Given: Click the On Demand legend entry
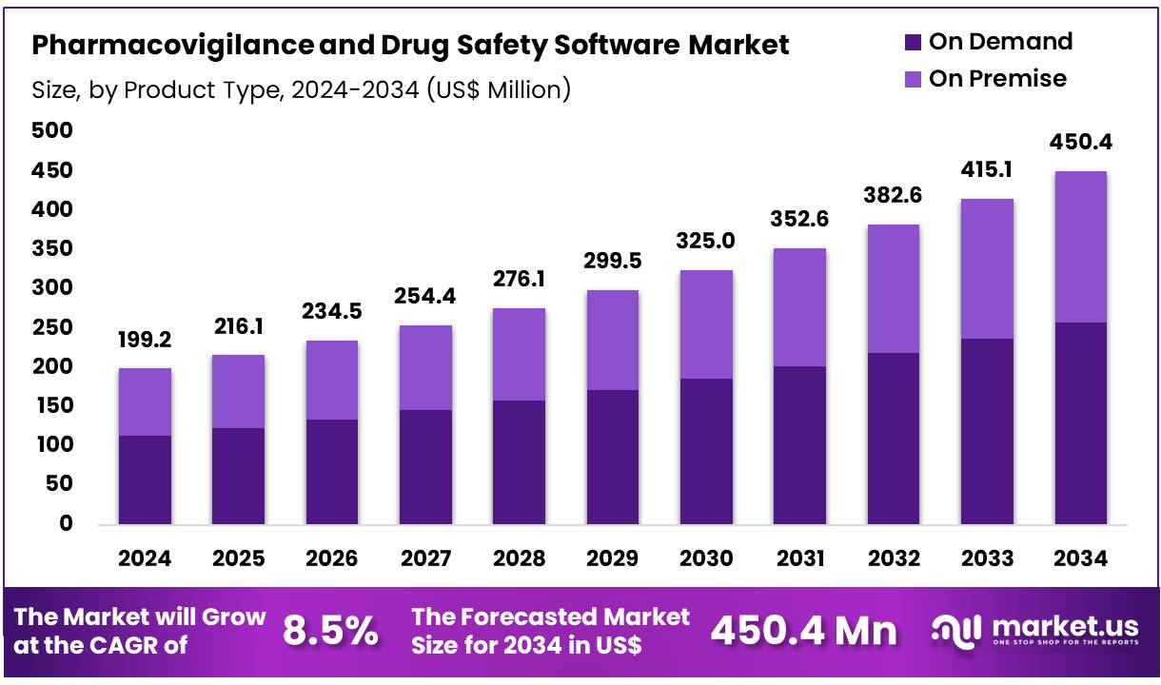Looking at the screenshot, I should pyautogui.click(x=988, y=42).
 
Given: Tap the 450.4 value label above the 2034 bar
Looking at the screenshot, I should pyautogui.click(x=1080, y=143).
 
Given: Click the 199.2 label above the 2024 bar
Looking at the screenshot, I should pyautogui.click(x=145, y=340).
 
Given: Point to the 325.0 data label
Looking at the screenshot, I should pyautogui.click(x=705, y=241).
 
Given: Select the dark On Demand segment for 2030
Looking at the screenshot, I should pyautogui.click(x=706, y=451).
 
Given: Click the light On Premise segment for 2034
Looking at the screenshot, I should pyautogui.click(x=1080, y=247).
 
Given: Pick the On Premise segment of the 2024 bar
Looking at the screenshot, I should pyautogui.click(x=145, y=401).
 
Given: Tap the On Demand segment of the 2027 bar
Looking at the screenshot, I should pyautogui.click(x=425, y=466).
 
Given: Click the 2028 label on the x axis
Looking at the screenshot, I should pyautogui.click(x=519, y=558).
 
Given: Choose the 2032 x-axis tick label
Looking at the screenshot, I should pyautogui.click(x=894, y=558).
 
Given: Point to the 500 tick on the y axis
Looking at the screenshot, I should pyautogui.click(x=52, y=131).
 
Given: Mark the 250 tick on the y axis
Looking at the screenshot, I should pyautogui.click(x=52, y=327).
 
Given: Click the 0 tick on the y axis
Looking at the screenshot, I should pyautogui.click(x=66, y=523).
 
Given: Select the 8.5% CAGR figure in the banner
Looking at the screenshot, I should pyautogui.click(x=330, y=631).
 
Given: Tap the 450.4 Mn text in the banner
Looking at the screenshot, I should pyautogui.click(x=804, y=631).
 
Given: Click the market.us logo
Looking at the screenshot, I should pyautogui.click(x=1034, y=630).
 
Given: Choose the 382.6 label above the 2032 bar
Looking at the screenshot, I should pyautogui.click(x=894, y=196).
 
